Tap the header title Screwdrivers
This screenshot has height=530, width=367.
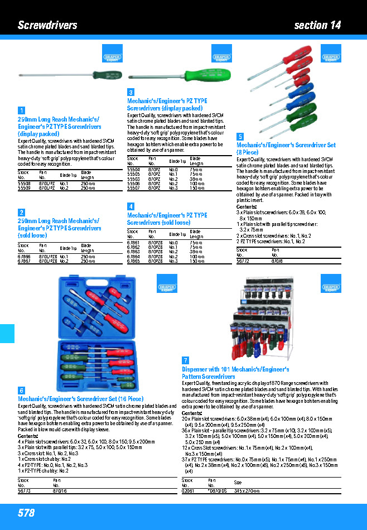47,25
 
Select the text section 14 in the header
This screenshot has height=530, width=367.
317,25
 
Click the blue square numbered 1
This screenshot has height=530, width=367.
21,110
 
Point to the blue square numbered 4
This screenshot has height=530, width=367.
131,206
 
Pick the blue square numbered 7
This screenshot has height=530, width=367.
185,360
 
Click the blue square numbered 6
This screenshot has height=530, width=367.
21,391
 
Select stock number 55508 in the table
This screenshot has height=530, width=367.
24,183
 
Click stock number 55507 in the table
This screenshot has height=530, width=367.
133,189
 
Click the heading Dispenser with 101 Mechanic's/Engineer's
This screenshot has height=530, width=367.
235,369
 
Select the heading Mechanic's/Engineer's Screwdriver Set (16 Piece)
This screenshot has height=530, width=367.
81,399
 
